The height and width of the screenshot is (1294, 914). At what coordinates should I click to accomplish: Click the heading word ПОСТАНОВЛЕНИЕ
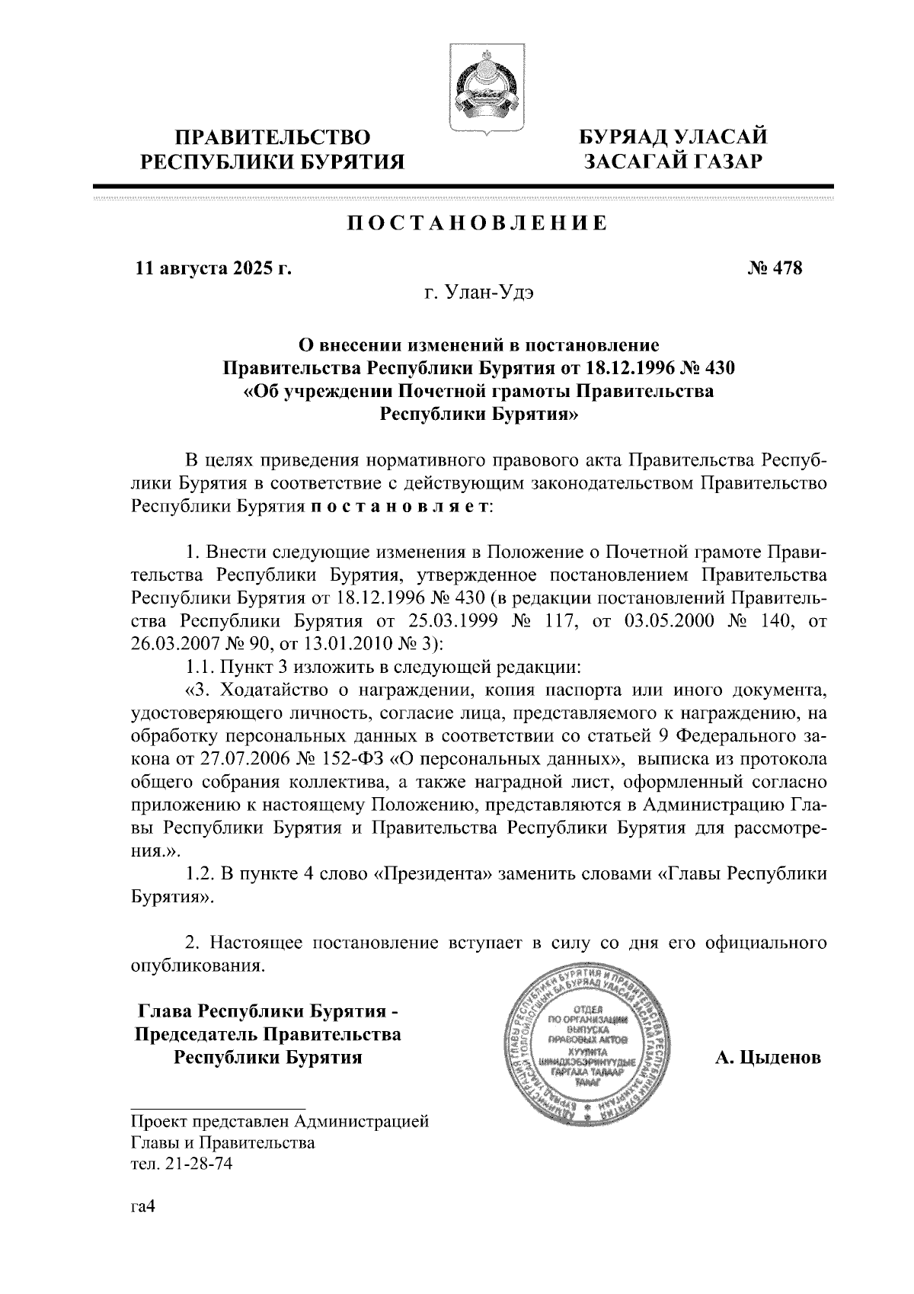click(478, 224)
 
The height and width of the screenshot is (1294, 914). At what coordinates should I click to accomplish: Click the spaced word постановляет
click(401, 507)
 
